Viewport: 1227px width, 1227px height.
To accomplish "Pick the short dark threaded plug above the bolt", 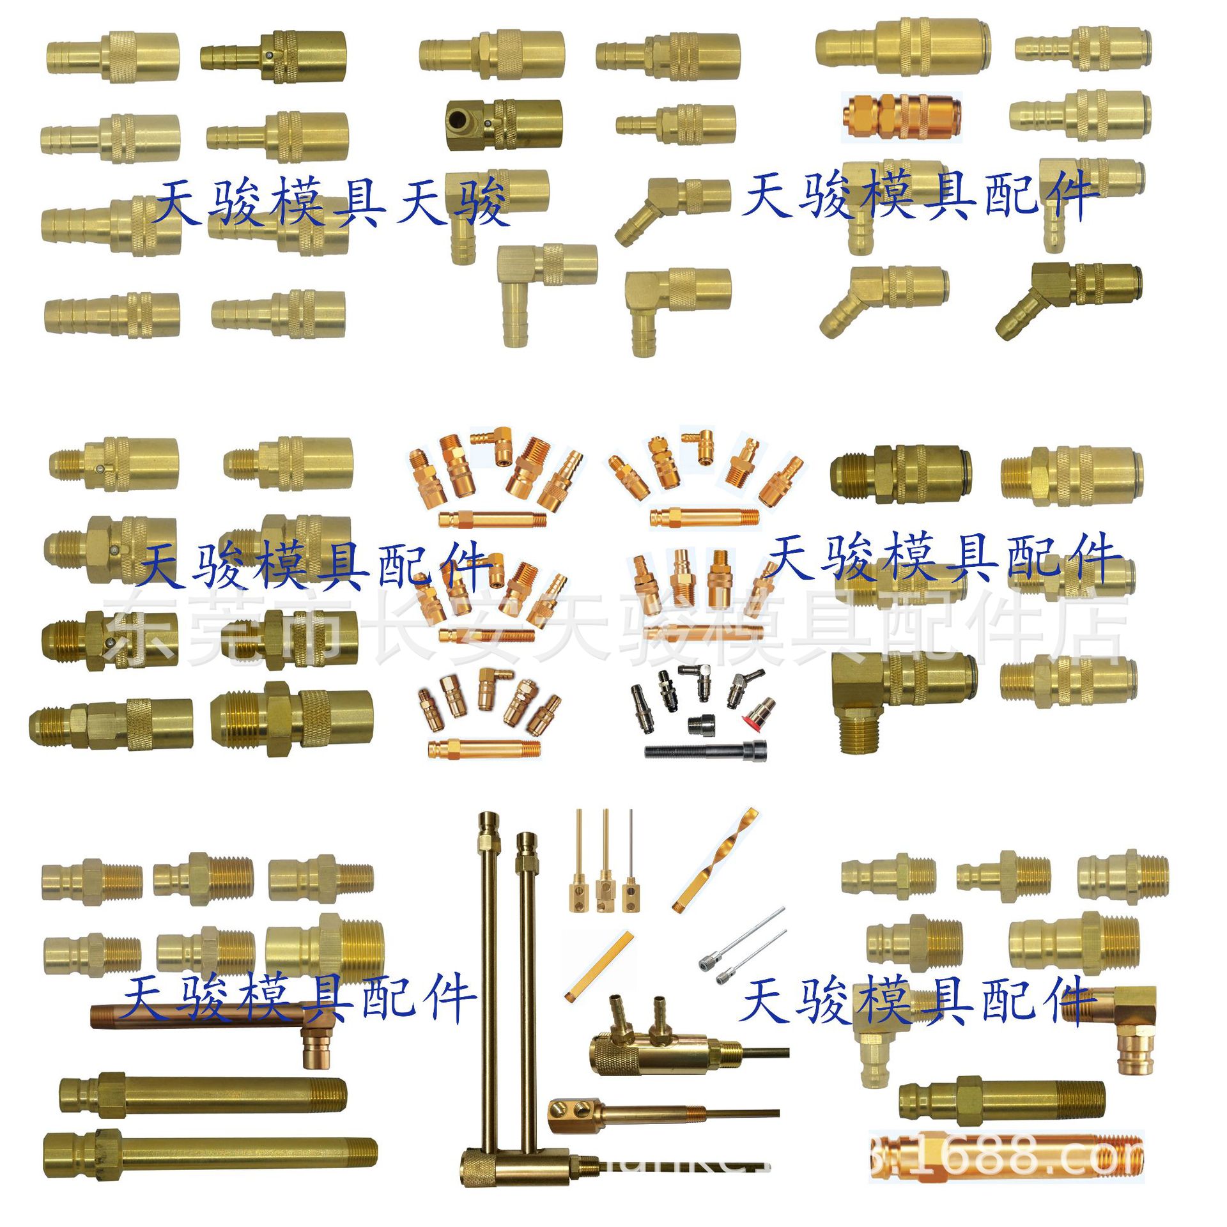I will pos(700,724).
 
